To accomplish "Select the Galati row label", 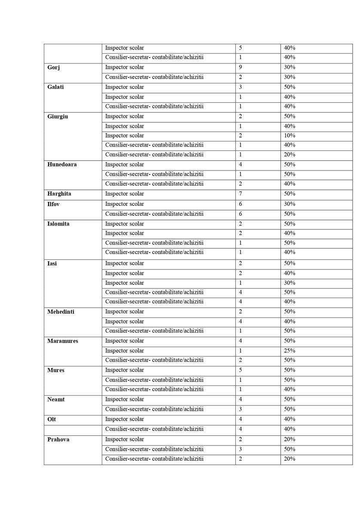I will click(x=55, y=87).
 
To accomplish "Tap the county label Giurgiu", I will click(x=58, y=116).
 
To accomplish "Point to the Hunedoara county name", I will click(x=62, y=165).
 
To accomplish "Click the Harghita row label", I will click(x=59, y=194).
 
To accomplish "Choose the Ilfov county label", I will click(x=53, y=204).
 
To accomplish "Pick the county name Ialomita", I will click(x=58, y=224).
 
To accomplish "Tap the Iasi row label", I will click(x=52, y=263).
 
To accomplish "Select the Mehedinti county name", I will click(x=61, y=312).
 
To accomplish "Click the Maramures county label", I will click(x=62, y=341).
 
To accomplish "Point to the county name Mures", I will click(x=56, y=370).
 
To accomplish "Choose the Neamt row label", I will click(x=55, y=400).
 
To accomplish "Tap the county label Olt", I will click(x=51, y=419).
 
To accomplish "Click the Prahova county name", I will click(x=58, y=440).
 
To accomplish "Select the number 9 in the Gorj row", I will click(x=241, y=67).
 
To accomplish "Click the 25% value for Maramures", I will click(x=290, y=351).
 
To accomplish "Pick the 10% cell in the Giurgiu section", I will click(x=290, y=136).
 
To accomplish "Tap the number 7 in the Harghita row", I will click(x=241, y=194).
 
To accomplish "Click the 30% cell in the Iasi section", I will click(x=290, y=283).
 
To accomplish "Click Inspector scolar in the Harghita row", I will click(x=125, y=194).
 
